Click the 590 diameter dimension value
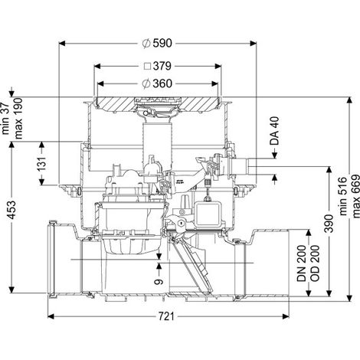(x=162, y=44)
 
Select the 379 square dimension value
(x=162, y=66)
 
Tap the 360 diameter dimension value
(x=162, y=83)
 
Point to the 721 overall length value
(x=166, y=316)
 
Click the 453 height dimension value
(x=11, y=210)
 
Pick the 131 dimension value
(x=42, y=163)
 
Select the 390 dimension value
(x=329, y=224)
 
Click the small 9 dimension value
(x=159, y=282)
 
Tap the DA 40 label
(x=275, y=131)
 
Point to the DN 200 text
(x=302, y=263)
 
